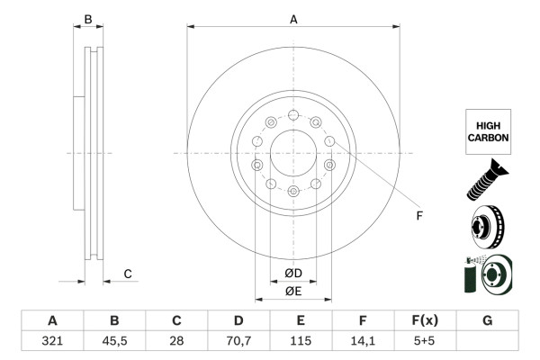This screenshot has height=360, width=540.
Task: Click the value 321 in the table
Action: [52, 342]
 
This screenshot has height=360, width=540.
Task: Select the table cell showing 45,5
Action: [114, 342]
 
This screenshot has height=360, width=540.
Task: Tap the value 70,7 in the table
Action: [238, 342]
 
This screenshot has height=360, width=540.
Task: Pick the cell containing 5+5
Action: [425, 342]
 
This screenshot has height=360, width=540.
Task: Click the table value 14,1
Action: [363, 342]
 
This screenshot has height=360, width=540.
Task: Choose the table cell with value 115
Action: [301, 342]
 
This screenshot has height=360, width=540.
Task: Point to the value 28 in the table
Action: [176, 342]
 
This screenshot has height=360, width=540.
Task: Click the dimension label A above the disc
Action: [293, 19]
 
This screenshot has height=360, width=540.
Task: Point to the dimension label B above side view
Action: [88, 19]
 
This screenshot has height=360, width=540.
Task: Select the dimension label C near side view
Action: [128, 274]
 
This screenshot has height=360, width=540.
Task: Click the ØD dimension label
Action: [293, 273]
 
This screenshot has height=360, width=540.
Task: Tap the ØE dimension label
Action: [293, 291]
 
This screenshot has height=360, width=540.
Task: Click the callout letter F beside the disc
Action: [418, 216]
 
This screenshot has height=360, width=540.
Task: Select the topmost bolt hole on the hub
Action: [293, 115]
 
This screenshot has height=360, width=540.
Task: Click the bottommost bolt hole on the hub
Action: [293, 191]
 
